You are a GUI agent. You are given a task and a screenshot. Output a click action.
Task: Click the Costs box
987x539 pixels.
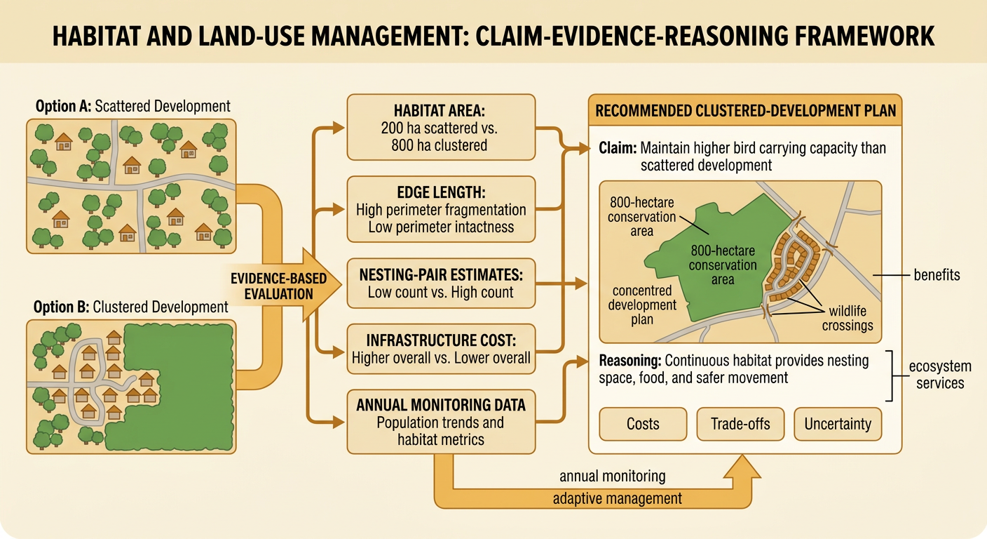click(x=643, y=424)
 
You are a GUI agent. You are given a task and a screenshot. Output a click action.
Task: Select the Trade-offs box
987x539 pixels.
click(x=740, y=424)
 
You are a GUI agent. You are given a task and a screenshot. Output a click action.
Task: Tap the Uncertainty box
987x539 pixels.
click(x=838, y=424)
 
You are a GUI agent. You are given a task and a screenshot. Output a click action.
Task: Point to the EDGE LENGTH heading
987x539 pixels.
click(x=441, y=192)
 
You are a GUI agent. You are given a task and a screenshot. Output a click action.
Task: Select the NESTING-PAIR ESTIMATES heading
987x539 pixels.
click(x=441, y=275)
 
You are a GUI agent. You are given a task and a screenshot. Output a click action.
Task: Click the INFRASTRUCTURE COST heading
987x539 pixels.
click(x=441, y=340)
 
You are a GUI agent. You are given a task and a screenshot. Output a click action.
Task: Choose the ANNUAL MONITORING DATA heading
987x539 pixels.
click(x=441, y=405)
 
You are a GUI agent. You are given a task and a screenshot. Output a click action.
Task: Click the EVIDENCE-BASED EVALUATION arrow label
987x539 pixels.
click(x=278, y=286)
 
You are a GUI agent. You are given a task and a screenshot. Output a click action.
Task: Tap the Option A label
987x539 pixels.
click(x=133, y=106)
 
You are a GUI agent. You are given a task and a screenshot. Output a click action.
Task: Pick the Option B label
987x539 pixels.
click(x=131, y=307)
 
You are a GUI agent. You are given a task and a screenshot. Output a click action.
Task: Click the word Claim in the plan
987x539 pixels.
click(x=618, y=148)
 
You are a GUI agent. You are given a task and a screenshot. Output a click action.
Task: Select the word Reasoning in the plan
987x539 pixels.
click(x=630, y=361)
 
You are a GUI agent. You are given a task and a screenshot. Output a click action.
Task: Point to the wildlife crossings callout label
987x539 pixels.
click(x=848, y=318)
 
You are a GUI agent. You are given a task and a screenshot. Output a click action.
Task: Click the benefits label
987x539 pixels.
click(x=937, y=275)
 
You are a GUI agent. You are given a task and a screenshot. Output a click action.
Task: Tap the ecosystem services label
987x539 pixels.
click(x=940, y=375)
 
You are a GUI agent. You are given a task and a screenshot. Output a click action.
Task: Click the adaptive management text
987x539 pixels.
click(x=618, y=498)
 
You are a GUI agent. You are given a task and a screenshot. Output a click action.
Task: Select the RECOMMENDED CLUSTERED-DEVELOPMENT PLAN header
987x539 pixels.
click(x=746, y=110)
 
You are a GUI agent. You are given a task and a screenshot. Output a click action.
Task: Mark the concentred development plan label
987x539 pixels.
click(x=642, y=305)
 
